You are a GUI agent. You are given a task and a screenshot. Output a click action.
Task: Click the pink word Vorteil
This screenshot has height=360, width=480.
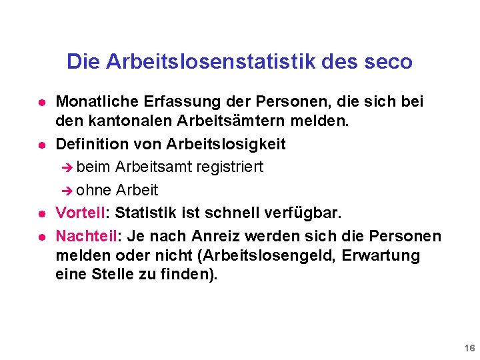81,213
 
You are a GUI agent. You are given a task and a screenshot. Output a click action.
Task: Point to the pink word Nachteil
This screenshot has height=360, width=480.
86,236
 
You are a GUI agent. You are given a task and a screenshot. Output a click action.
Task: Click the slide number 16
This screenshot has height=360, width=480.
469,349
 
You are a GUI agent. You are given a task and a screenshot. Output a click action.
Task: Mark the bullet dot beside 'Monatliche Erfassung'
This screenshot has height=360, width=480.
41,103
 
